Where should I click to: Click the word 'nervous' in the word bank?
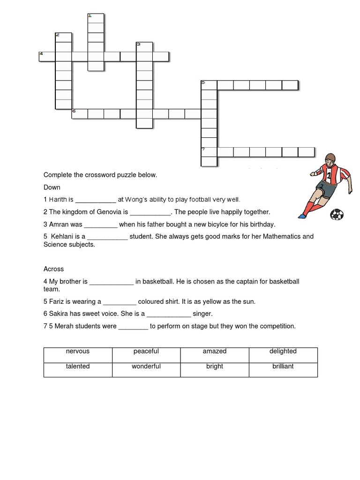pos(78,351)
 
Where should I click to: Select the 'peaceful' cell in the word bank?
pos(146,351)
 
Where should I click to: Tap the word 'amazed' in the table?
pos(215,351)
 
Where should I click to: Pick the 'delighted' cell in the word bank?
pos(283,351)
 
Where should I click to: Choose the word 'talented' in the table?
pos(78,366)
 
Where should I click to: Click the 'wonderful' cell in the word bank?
pos(146,366)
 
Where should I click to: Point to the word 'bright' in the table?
pos(215,366)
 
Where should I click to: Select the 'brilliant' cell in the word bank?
pos(283,366)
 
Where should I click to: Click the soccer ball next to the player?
pos(337,215)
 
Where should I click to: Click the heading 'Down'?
pos(52,187)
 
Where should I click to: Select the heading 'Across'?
pos(53,269)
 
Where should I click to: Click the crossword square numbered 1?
pos(96,18)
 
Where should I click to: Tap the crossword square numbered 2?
pos(64,37)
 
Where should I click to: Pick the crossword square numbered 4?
pos(47,57)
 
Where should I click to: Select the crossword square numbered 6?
pos(80,114)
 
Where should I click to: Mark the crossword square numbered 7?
pos(209,152)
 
